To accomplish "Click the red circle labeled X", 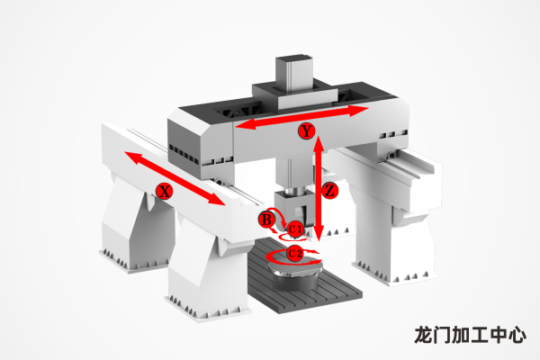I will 164,191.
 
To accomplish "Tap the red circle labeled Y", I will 307,132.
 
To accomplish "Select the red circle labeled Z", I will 329,191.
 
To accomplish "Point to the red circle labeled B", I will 266,219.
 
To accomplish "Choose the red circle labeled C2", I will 295,253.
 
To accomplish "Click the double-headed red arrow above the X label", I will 175,177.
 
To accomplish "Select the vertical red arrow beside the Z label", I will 318,189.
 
